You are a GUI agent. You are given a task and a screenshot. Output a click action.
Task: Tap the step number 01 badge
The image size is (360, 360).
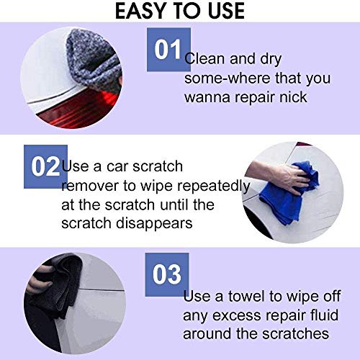point(168,50)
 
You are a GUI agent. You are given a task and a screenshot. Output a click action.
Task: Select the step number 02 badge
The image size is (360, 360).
point(45,166)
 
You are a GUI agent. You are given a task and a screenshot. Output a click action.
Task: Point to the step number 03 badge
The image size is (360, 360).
point(167,274)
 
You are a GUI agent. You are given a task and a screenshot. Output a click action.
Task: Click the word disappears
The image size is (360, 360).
point(154,223)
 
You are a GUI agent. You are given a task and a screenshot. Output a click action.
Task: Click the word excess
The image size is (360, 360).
point(237,316)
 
